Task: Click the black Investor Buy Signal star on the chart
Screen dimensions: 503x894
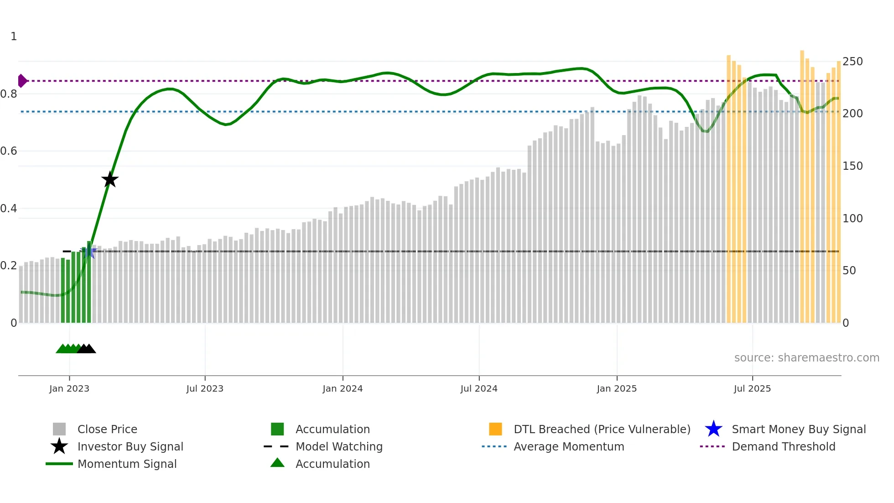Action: (109, 179)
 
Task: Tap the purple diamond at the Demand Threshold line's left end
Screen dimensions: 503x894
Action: (22, 81)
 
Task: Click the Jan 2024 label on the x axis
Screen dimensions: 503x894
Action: (343, 388)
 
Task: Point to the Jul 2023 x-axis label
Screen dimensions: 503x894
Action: (205, 388)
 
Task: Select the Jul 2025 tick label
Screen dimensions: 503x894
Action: (752, 388)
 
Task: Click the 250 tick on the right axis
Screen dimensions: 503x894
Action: (852, 61)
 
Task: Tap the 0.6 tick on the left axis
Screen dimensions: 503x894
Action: (9, 151)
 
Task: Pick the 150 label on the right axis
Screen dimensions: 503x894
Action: (852, 166)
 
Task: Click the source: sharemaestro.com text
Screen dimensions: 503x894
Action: (806, 357)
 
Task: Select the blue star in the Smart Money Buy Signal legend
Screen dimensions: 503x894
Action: (713, 429)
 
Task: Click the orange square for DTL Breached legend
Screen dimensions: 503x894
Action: (495, 429)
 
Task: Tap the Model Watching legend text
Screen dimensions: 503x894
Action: (339, 446)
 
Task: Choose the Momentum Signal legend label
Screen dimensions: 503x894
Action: (127, 464)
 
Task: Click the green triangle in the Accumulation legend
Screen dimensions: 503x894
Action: (277, 463)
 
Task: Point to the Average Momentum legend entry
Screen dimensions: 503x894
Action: (569, 446)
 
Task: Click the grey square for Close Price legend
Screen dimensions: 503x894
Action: (59, 429)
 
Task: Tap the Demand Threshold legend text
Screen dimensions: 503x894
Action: (783, 446)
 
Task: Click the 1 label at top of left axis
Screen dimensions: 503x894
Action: (14, 36)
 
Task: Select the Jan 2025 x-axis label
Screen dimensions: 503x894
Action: (617, 388)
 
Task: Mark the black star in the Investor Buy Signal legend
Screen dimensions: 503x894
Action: (59, 446)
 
